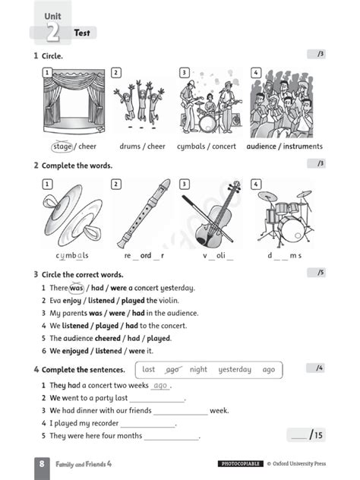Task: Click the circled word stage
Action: (63, 147)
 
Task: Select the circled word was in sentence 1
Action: (76, 288)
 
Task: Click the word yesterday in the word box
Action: (235, 370)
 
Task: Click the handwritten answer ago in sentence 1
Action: (159, 386)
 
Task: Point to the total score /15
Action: (307, 435)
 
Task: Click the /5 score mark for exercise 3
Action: (320, 273)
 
